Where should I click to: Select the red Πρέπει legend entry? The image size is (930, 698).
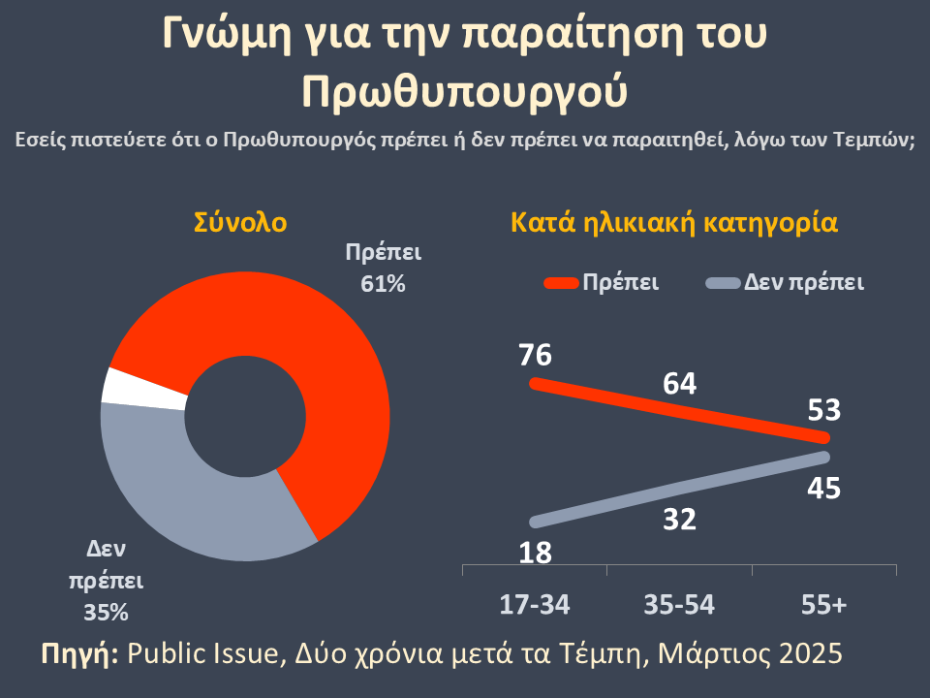pos(603,283)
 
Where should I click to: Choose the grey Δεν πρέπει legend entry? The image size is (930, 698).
pos(785,283)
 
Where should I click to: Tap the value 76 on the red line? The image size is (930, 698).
pos(535,355)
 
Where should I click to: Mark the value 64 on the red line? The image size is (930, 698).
pos(680,384)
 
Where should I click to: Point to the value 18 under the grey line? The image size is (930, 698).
pos(535,554)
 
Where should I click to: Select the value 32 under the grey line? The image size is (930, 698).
pos(680,521)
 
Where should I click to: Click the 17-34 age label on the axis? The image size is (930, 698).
pos(535,605)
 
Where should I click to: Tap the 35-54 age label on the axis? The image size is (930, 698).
pos(680,605)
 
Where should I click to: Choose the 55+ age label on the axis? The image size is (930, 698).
pos(824,605)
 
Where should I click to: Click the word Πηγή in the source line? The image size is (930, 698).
pos(79,652)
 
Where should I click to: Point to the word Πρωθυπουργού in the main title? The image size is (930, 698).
pos(466,90)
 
